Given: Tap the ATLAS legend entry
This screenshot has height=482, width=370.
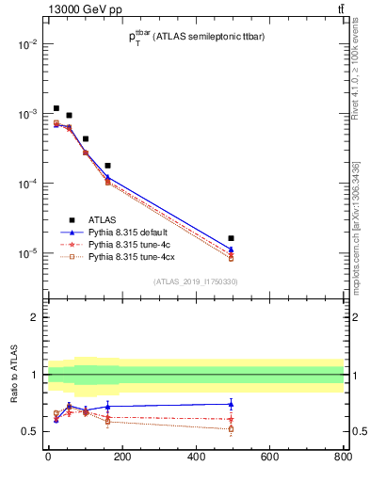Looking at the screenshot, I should pos(104,221).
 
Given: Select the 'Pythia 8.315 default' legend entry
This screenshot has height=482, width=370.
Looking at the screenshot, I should pos(131,233).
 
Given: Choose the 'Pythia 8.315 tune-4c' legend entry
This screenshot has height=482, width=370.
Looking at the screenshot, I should pos(131,244).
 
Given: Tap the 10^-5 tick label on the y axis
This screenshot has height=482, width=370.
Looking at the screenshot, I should pos(27,253).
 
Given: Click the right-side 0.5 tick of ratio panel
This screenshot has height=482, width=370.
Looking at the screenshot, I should pos(352,432).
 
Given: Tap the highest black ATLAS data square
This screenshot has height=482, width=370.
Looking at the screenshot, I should pos(56,108).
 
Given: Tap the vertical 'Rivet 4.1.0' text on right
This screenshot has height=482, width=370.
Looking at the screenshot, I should pos(359,94).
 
